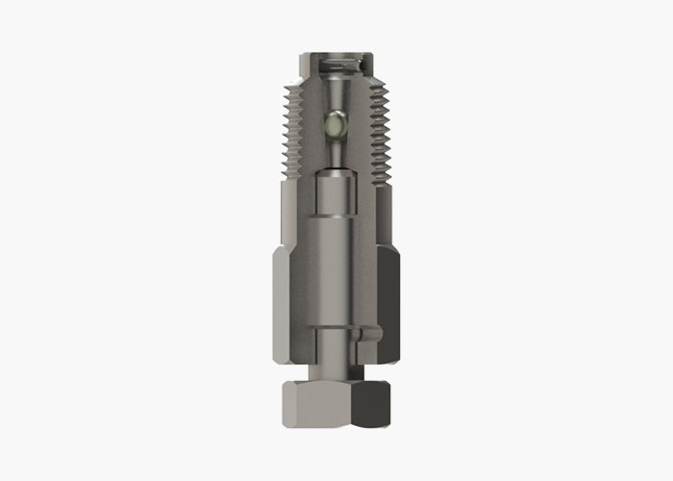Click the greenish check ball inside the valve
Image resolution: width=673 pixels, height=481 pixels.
click(x=336, y=123)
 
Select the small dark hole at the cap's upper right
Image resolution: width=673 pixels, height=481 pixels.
click(x=362, y=65)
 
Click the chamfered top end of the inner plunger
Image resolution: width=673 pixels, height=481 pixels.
click(x=336, y=174)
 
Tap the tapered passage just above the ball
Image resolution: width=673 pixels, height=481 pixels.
click(x=336, y=96)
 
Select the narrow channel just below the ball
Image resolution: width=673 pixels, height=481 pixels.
click(x=336, y=151)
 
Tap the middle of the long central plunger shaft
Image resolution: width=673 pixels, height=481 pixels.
click(x=336, y=260)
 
